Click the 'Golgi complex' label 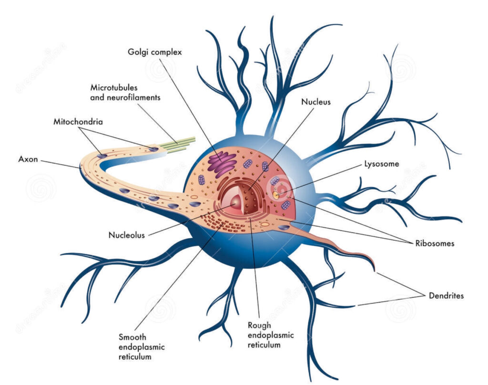click(x=155, y=52)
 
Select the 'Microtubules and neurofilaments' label click(x=125, y=92)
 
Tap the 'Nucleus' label click(x=315, y=102)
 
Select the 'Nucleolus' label click(x=126, y=234)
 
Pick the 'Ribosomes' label click(x=434, y=243)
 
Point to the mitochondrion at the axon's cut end click(x=154, y=149)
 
